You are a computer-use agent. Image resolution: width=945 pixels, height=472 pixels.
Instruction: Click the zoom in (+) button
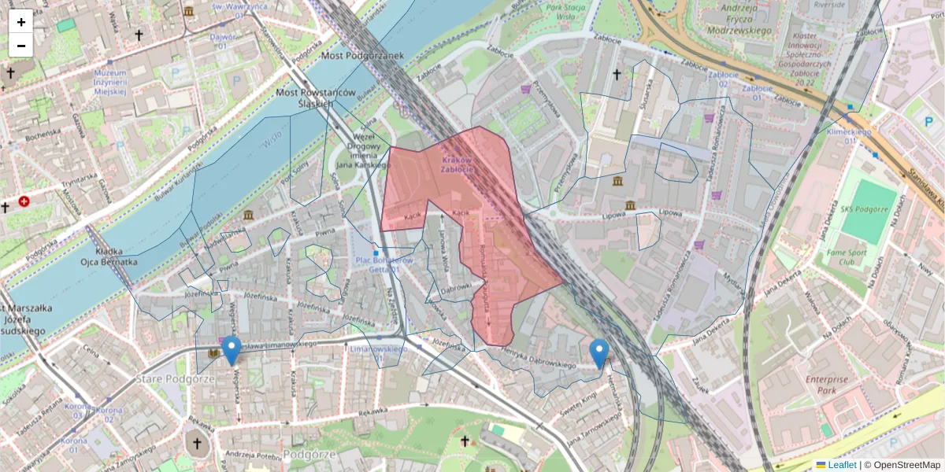tap(21, 22)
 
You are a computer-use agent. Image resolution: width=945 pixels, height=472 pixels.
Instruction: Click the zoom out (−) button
tap(21, 46)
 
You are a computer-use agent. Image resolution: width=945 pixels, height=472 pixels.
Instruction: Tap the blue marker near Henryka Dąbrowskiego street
tap(599, 353)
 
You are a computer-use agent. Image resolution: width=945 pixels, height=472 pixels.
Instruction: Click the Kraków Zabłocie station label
tap(457, 164)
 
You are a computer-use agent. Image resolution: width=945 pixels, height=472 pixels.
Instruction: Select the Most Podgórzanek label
tap(362, 56)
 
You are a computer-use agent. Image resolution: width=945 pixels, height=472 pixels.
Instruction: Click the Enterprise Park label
tap(827, 385)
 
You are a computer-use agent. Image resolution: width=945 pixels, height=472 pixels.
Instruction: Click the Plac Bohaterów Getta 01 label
tap(384, 265)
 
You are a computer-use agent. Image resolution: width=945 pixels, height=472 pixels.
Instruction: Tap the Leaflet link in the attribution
tap(842, 465)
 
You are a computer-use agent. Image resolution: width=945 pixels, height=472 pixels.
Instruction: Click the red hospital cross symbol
tap(25, 202)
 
